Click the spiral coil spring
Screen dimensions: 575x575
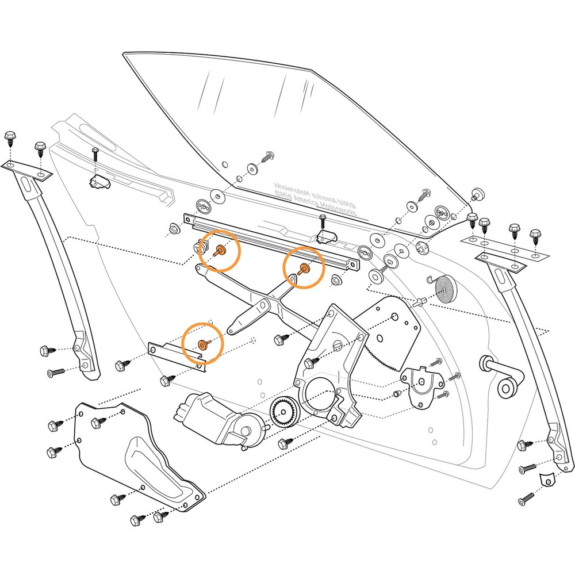446,287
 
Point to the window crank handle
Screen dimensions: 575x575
503,377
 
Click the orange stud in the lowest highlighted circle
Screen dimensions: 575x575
202,344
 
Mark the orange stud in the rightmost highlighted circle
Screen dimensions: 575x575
304,267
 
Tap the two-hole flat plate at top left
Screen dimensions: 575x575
26,170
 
